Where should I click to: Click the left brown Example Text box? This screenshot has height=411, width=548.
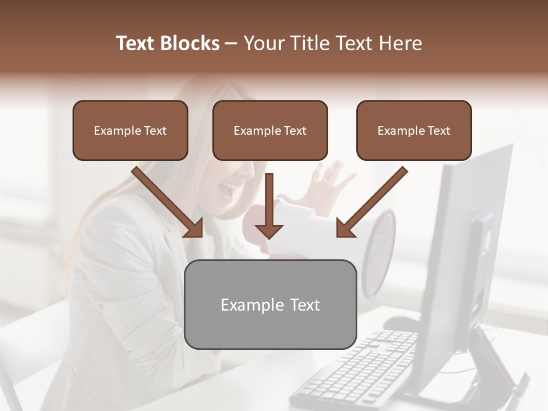click(130, 130)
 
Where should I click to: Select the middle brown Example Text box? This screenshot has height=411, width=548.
click(270, 130)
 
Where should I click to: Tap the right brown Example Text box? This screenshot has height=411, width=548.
click(414, 130)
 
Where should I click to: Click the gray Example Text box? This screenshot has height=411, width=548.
click(271, 304)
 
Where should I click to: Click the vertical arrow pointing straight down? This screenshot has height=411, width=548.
click(269, 205)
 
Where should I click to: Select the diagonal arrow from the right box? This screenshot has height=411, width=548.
click(372, 203)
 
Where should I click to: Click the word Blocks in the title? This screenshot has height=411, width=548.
click(190, 43)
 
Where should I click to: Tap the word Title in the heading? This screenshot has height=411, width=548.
click(309, 43)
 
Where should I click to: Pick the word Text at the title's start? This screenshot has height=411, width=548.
click(136, 43)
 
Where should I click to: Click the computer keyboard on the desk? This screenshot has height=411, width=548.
click(360, 365)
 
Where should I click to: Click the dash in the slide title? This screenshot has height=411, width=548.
click(231, 43)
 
